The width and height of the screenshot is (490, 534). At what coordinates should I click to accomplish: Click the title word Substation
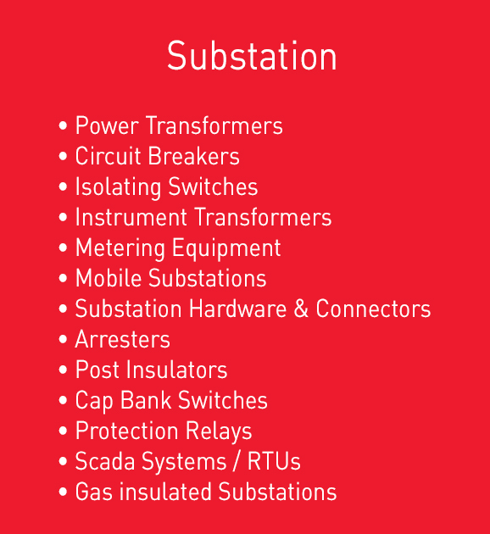pos(252,55)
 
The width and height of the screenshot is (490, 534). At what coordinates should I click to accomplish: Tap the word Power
pos(107,125)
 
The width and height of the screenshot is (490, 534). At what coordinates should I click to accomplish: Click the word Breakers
pos(194,156)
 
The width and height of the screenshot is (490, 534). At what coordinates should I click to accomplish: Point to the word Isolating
pos(118,187)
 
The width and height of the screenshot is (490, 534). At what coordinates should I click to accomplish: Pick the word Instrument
pos(131,217)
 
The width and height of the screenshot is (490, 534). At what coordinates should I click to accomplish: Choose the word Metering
pos(120,248)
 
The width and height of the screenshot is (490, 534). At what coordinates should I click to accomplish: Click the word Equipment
pos(226,248)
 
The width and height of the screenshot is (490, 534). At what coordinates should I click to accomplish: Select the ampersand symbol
pos(301,309)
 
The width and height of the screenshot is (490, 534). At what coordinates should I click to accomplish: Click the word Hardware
pos(237,309)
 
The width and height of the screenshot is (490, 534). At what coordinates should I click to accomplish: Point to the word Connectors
pos(373,309)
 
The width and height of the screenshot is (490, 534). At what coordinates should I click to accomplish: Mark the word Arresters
pos(123,339)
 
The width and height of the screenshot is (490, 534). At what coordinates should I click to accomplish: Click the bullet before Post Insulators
pos(63,370)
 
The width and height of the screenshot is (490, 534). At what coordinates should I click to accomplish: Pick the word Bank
pos(146,400)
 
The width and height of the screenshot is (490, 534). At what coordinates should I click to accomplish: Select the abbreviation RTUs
pos(274,461)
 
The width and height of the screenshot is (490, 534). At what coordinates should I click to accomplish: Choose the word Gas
pos(94,492)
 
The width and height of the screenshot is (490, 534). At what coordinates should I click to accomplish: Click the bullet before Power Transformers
pos(63,125)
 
